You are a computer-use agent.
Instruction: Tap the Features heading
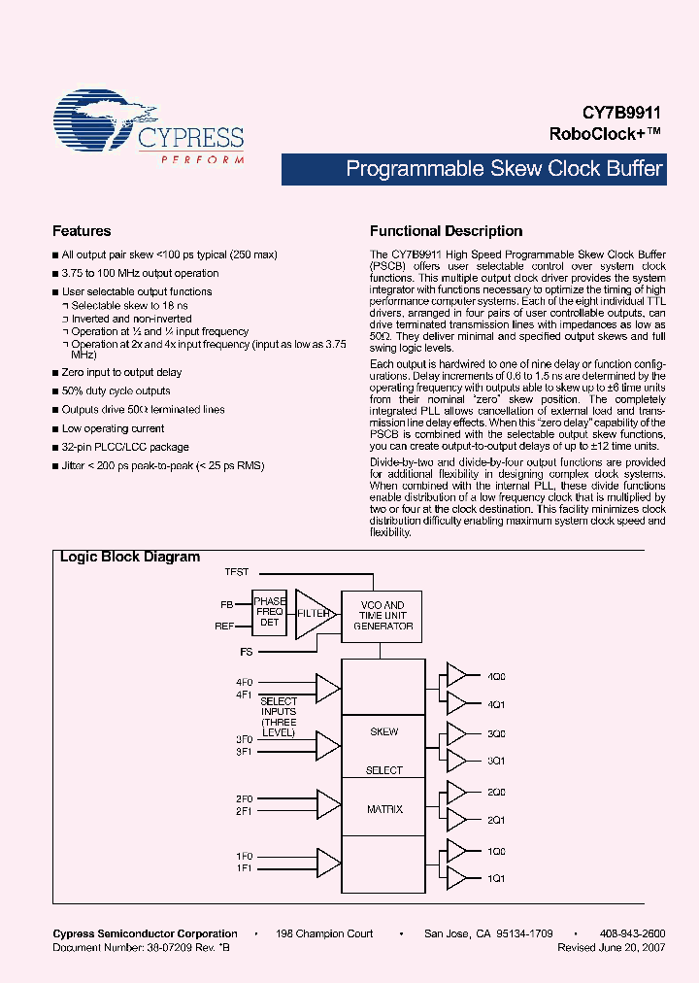point(82,231)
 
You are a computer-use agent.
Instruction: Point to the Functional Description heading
point(446,231)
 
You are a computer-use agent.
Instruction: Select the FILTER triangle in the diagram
point(313,614)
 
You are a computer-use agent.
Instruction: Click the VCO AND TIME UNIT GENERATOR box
point(383,615)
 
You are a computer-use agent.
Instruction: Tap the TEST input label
point(236,572)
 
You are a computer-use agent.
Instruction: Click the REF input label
point(224,627)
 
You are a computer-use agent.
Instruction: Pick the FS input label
point(247,651)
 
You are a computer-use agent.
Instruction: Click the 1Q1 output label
point(496,879)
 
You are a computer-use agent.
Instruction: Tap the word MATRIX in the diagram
point(383,809)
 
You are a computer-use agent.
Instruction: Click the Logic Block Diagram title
point(130,558)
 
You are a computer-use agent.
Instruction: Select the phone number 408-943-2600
point(631,933)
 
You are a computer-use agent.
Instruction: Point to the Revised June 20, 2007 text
point(611,946)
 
